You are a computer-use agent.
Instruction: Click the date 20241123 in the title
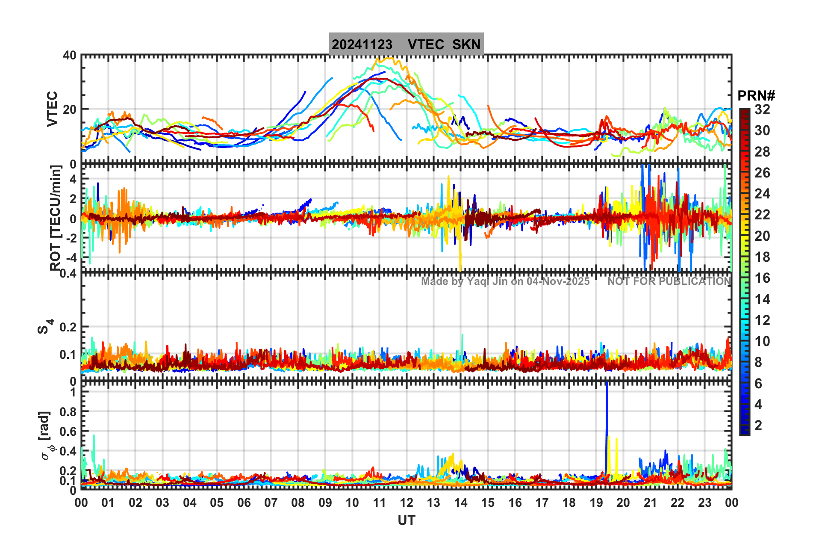click(362, 44)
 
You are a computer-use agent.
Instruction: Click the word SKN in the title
click(466, 44)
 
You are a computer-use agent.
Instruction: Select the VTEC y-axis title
click(52, 109)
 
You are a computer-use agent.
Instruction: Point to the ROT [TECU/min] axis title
click(56, 218)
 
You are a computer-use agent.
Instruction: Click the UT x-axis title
click(406, 520)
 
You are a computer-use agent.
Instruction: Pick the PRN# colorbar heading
click(756, 96)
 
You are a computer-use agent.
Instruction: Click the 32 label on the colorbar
click(762, 109)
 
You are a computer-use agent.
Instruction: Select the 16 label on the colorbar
click(762, 278)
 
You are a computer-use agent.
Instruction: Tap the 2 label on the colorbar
click(758, 425)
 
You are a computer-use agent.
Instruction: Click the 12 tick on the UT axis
click(406, 503)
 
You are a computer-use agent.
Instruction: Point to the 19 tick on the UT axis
click(596, 503)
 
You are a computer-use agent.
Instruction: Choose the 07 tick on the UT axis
click(271, 503)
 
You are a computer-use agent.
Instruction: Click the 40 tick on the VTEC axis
click(70, 56)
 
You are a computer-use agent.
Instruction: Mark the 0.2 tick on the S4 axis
click(68, 327)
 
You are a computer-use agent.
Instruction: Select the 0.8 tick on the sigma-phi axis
click(68, 412)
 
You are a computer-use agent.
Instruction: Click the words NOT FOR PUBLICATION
click(669, 281)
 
